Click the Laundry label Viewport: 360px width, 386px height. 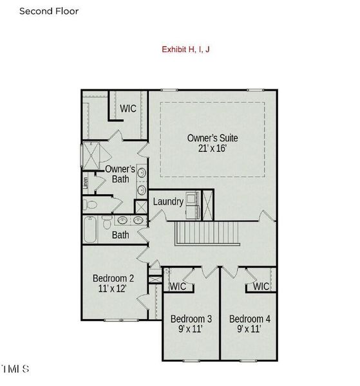click(168, 201)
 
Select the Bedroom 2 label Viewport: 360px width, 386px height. click(113, 278)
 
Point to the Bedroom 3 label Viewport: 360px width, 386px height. click(191, 319)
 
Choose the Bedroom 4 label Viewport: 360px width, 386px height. click(250, 319)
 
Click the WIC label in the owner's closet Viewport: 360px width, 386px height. click(128, 109)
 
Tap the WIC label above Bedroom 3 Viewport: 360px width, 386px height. click(178, 286)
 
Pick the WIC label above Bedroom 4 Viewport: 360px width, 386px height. click(261, 286)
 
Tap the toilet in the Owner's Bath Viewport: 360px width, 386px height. click(90, 205)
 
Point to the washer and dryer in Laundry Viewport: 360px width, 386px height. click(193, 201)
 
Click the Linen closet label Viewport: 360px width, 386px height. click(84, 183)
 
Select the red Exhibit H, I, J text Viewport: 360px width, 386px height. click(185, 49)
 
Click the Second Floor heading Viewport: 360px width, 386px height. click(49, 11)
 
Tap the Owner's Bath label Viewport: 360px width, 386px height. click(119, 174)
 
